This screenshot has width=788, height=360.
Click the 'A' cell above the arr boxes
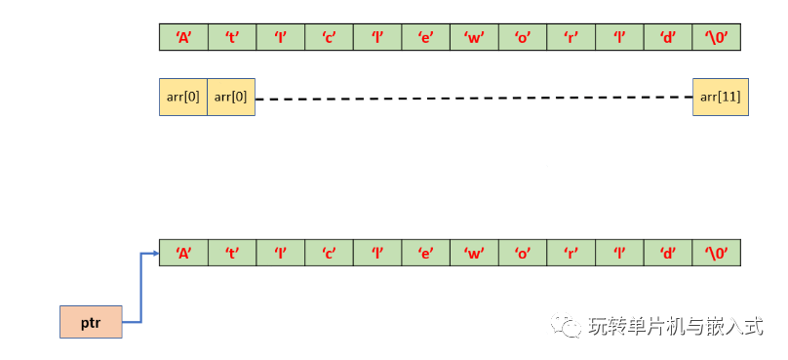[x=183, y=37]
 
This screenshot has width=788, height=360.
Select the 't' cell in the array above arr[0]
[x=232, y=37]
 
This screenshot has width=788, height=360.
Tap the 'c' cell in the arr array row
[x=329, y=37]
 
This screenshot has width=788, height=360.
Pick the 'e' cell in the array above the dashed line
[x=425, y=37]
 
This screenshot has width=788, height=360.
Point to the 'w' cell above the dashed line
[x=474, y=37]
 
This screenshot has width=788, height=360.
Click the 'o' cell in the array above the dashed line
[x=523, y=37]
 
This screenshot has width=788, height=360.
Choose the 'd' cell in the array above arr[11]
[x=668, y=37]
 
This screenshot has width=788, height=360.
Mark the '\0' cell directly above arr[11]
[x=717, y=37]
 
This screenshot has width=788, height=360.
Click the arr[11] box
[x=721, y=97]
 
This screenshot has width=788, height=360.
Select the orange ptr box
[x=91, y=321]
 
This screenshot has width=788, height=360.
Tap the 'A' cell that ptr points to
[x=183, y=253]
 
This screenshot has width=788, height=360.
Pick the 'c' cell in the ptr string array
[x=329, y=253]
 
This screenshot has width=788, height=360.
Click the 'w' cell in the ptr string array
[x=474, y=253]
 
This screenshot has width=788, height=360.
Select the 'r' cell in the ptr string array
[x=571, y=253]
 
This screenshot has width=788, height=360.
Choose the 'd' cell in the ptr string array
[x=668, y=253]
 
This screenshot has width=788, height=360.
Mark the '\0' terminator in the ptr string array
[x=717, y=253]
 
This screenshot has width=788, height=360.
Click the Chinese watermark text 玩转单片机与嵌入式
[x=675, y=327]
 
